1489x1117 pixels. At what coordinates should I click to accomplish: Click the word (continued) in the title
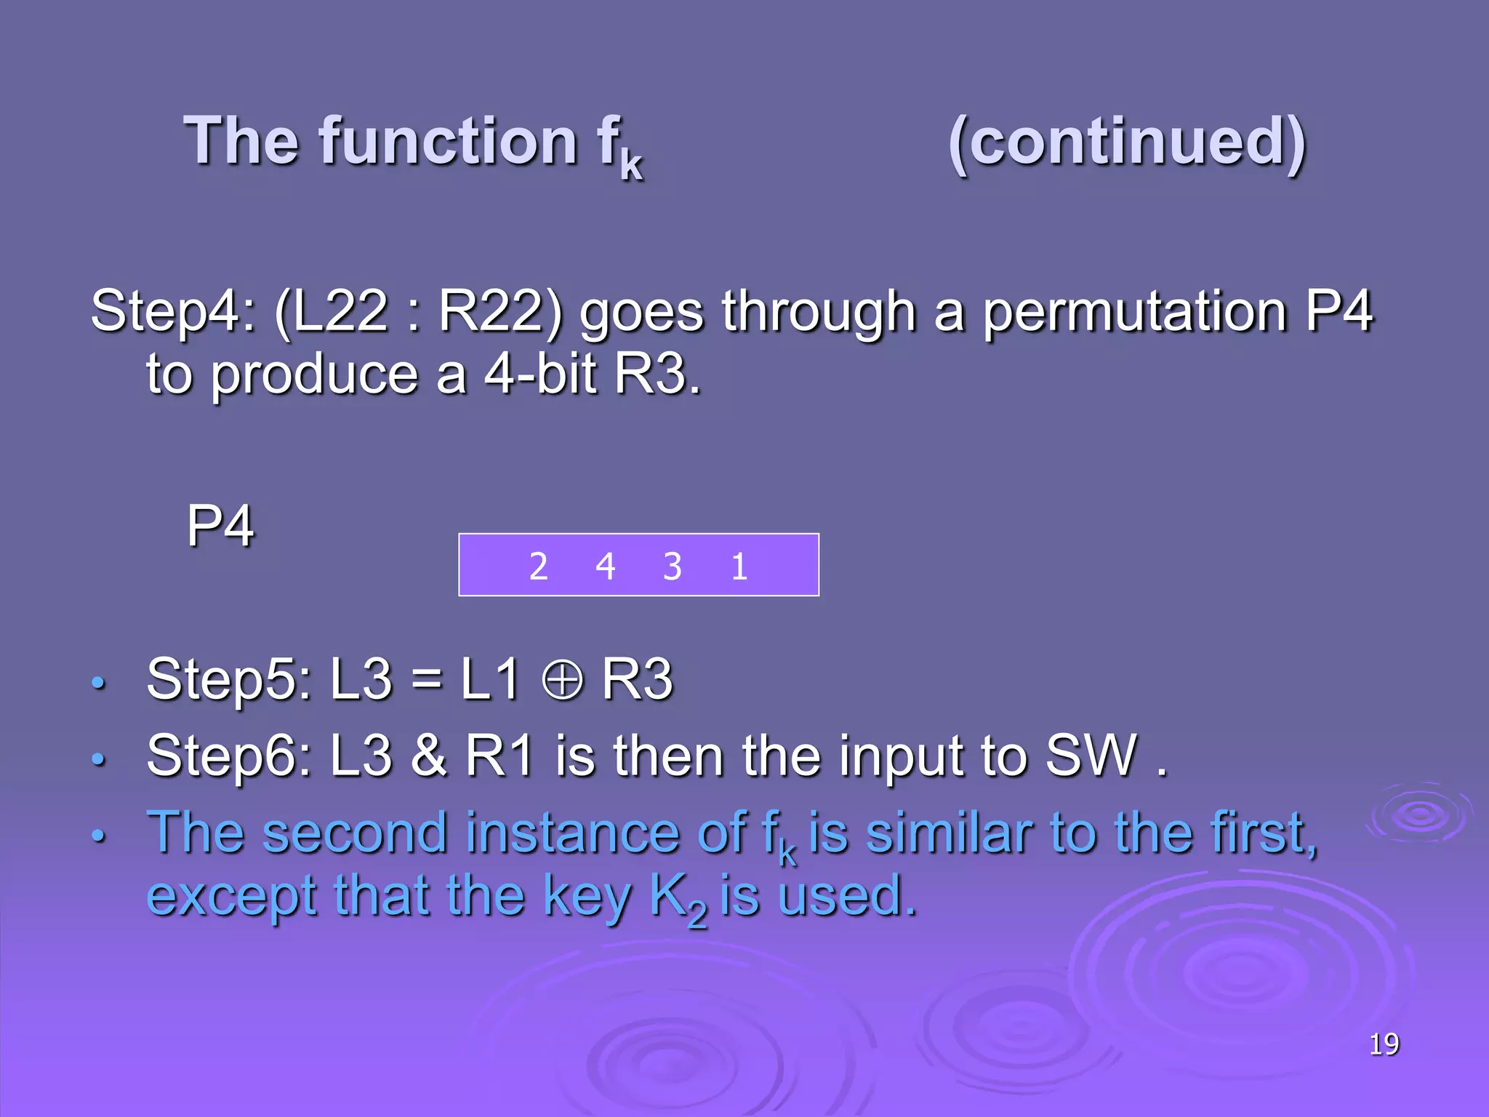1127,142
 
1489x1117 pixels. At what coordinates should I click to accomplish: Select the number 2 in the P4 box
538,566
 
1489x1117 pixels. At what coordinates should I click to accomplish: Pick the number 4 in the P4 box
605,566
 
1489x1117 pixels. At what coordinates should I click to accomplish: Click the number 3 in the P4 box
673,566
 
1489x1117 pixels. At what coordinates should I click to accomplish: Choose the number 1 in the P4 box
739,566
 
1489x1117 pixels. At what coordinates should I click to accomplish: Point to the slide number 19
1384,1044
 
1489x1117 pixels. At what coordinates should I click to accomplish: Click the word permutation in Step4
1135,311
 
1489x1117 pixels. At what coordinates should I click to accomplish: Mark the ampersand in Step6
428,756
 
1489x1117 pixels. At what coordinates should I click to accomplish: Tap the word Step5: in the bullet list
229,680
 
